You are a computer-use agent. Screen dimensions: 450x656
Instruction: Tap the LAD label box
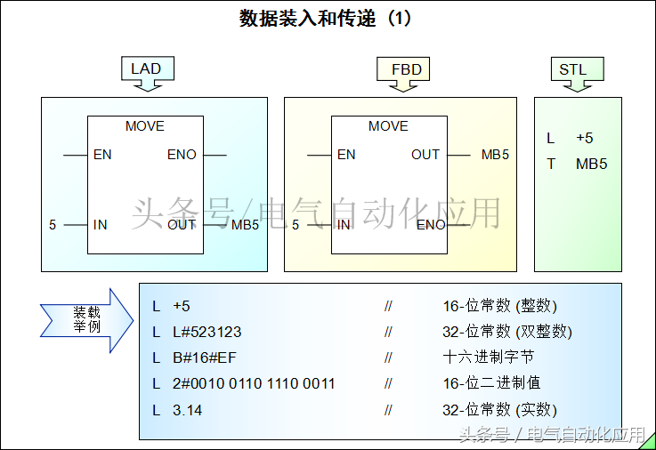pos(146,68)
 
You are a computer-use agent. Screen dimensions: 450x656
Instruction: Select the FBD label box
pos(406,68)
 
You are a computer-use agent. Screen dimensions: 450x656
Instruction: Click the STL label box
pos(572,68)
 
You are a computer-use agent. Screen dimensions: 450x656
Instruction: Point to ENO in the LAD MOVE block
pos(182,155)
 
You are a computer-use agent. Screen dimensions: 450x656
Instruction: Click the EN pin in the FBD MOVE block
pos(346,155)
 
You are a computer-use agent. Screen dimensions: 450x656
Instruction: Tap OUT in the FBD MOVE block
pos(425,155)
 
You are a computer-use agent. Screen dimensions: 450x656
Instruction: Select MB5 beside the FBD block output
pos(495,155)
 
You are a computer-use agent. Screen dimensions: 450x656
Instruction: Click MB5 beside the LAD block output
pos(245,225)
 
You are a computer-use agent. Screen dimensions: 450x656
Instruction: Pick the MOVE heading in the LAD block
pos(144,126)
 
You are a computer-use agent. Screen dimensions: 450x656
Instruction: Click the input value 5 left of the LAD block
pos(53,225)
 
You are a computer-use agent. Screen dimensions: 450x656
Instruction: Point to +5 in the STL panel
pos(585,138)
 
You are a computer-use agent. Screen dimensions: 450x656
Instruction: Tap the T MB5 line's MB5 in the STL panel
pos(591,164)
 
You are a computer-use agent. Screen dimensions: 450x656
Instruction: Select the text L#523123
pos(207,332)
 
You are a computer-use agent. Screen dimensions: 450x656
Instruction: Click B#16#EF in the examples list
pos(205,358)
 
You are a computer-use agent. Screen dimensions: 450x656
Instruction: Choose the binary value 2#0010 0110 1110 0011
pos(254,383)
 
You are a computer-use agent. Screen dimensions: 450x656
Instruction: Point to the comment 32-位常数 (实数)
pos(499,410)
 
